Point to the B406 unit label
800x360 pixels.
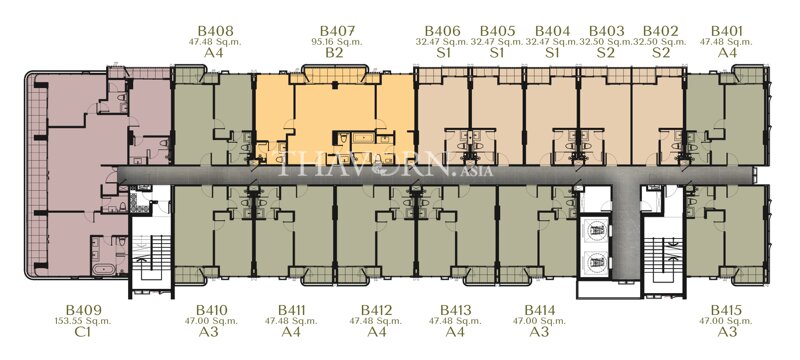[442, 32]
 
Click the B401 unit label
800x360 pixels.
[726, 32]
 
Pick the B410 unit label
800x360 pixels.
[212, 310]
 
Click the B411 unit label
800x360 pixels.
[292, 310]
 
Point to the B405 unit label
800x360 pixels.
[497, 32]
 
